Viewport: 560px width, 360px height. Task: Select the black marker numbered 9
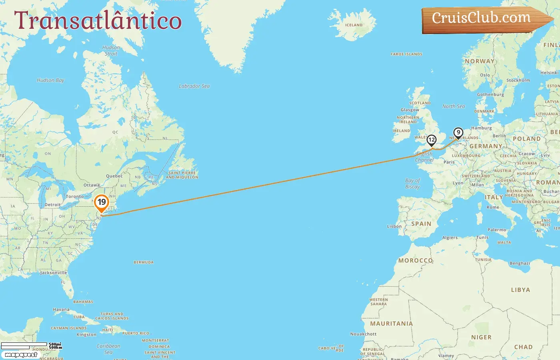pos(458,133)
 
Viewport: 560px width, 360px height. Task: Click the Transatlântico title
pos(98,20)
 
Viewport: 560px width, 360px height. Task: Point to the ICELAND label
pos(354,25)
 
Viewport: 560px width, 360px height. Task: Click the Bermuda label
pos(144,262)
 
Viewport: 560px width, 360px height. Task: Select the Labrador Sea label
pos(194,86)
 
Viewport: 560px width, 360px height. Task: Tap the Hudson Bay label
pos(50,80)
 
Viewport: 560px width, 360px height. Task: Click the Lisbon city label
pos(394,226)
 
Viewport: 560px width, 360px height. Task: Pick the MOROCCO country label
pos(416,260)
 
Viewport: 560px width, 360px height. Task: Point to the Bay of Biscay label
pos(412,184)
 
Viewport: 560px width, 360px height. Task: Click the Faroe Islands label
pos(406,54)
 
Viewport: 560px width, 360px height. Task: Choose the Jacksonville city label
pos(54,273)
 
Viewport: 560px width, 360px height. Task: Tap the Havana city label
pos(61,310)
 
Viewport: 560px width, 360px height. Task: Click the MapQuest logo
pos(21,354)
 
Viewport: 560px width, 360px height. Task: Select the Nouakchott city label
pos(363,334)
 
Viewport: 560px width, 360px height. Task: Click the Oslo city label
pos(485,75)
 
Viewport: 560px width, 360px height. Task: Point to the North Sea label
pos(454,106)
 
